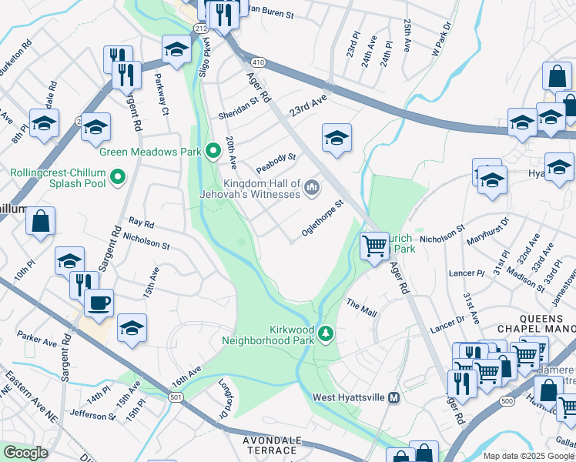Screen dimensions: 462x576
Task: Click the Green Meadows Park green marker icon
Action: (x=214, y=151)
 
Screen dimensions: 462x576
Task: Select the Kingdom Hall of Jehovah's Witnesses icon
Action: (x=312, y=187)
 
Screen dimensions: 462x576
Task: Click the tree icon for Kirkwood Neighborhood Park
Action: (x=326, y=333)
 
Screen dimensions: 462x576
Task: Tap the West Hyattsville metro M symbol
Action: (x=393, y=397)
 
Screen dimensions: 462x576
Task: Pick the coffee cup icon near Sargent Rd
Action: (x=99, y=301)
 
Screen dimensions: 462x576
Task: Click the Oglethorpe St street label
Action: (x=322, y=219)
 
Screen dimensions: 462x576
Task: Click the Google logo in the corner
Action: (x=25, y=453)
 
